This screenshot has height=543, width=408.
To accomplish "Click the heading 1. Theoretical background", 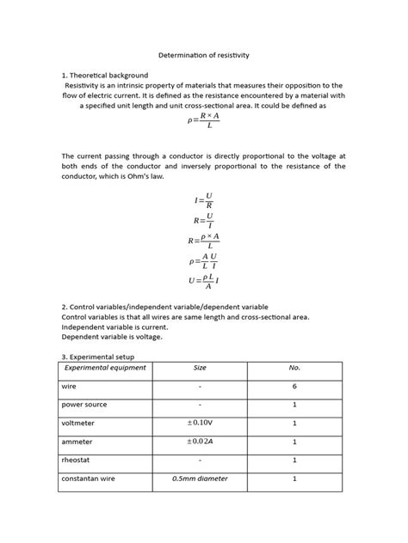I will click(105, 76).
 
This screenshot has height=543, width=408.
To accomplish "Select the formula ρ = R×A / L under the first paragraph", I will click(204, 120).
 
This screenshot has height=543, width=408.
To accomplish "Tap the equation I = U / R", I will click(203, 200).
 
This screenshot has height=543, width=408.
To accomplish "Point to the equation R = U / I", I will click(203, 220).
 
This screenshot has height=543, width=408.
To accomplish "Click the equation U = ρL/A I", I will click(204, 280).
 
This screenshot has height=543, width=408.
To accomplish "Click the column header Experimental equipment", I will click(106, 368).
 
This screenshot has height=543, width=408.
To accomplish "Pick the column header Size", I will click(200, 368).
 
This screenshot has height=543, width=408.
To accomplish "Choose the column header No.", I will click(294, 368).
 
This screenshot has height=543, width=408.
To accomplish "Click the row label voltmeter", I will click(80, 423).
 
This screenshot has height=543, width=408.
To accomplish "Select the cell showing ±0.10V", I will click(200, 423).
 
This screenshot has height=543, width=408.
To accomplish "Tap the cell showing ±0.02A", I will click(200, 442).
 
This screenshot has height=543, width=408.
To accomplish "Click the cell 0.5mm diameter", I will click(200, 479).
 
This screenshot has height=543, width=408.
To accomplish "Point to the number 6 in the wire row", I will click(294, 387).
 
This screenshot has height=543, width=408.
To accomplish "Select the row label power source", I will click(86, 405).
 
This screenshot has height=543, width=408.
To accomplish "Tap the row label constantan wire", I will click(90, 479).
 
